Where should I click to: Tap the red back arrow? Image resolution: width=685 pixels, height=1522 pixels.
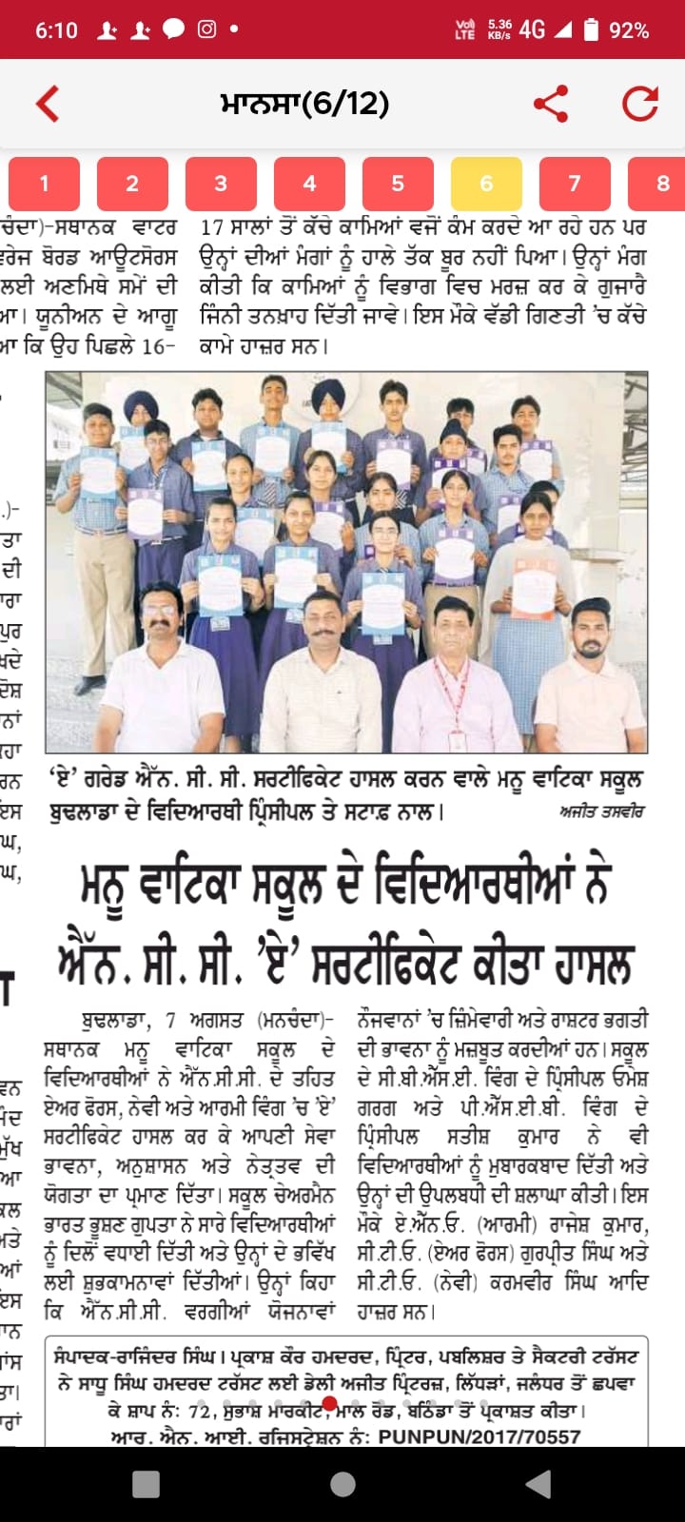pos(48,104)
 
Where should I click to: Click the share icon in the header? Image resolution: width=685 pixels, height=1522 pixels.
pos(551,104)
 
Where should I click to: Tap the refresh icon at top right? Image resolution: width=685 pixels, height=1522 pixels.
pos(640,104)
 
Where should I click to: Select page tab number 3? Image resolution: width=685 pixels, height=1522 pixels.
pos(221,184)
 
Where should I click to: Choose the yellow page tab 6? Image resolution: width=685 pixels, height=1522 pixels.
pos(486,184)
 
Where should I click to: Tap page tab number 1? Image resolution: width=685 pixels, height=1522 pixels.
pos(44,184)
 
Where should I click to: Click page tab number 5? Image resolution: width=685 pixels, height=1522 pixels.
pos(398,184)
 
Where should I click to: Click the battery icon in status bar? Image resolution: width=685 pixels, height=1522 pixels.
pos(591,29)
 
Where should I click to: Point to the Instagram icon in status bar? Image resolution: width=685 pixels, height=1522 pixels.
pos(206,29)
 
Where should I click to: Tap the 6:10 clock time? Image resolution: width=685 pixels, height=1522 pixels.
pos(56,30)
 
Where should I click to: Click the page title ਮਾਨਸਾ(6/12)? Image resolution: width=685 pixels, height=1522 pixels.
pos(304,104)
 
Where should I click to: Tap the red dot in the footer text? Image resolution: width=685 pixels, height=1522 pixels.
pos(329,1404)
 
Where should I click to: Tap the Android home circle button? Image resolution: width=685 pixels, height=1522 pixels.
pos(342,1484)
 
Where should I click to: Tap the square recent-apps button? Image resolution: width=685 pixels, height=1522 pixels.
pos(146,1484)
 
